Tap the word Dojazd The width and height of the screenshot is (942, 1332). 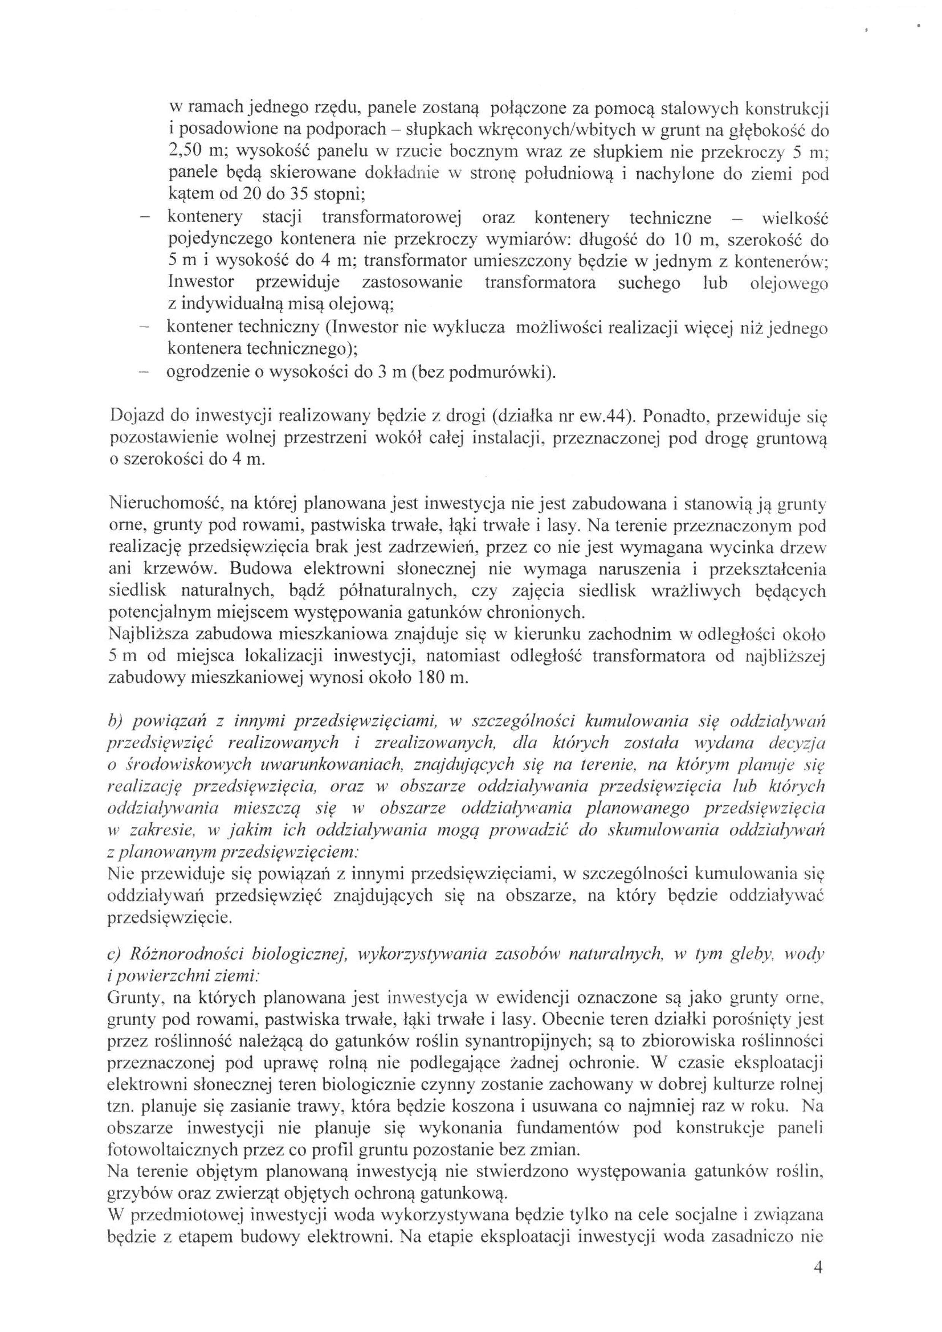(x=135, y=417)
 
